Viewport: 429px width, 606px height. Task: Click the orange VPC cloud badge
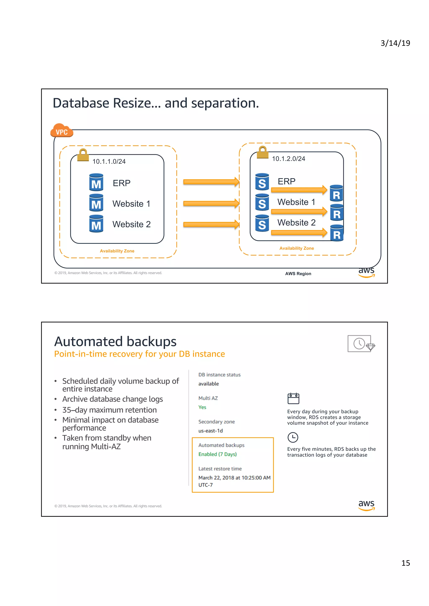click(62, 131)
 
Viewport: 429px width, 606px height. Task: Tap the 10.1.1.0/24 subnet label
click(109, 161)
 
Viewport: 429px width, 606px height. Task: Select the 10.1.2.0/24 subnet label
click(288, 159)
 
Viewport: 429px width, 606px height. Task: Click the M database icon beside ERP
click(96, 182)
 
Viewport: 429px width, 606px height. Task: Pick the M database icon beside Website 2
click(96, 224)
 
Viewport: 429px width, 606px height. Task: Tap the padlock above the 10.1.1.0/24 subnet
click(83, 155)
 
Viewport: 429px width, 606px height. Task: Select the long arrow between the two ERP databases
click(211, 182)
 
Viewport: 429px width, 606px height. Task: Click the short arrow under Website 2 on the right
click(299, 233)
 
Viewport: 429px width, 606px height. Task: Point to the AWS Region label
click(298, 274)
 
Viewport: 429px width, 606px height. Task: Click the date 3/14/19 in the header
click(395, 43)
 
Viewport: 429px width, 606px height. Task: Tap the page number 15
click(406, 563)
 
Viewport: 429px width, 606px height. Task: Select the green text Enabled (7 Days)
click(217, 454)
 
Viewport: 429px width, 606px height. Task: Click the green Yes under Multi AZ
click(202, 407)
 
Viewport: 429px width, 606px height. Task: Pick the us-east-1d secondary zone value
click(210, 431)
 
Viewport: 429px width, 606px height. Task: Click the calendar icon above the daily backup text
click(293, 398)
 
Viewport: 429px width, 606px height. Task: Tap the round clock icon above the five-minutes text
click(293, 437)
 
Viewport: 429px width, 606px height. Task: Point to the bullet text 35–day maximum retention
click(109, 410)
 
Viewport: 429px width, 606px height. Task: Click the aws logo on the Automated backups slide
click(366, 505)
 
